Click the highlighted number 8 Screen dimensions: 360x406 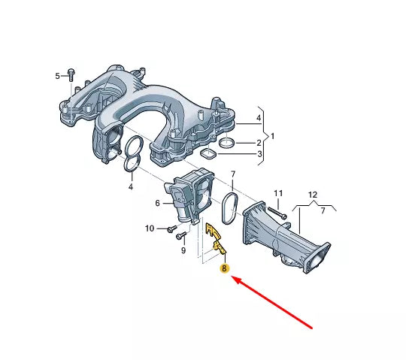[223, 268]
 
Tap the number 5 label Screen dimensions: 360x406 [56, 76]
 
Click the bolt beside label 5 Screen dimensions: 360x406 [70, 75]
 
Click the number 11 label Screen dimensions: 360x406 [277, 194]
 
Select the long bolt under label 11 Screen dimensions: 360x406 [280, 212]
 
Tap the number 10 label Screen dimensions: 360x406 [150, 228]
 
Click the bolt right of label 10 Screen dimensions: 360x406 [171, 225]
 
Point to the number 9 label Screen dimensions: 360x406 [182, 251]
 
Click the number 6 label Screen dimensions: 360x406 [158, 203]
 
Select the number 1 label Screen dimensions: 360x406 [273, 136]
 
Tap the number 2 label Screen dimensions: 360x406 [259, 142]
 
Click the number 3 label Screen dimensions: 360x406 [259, 155]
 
